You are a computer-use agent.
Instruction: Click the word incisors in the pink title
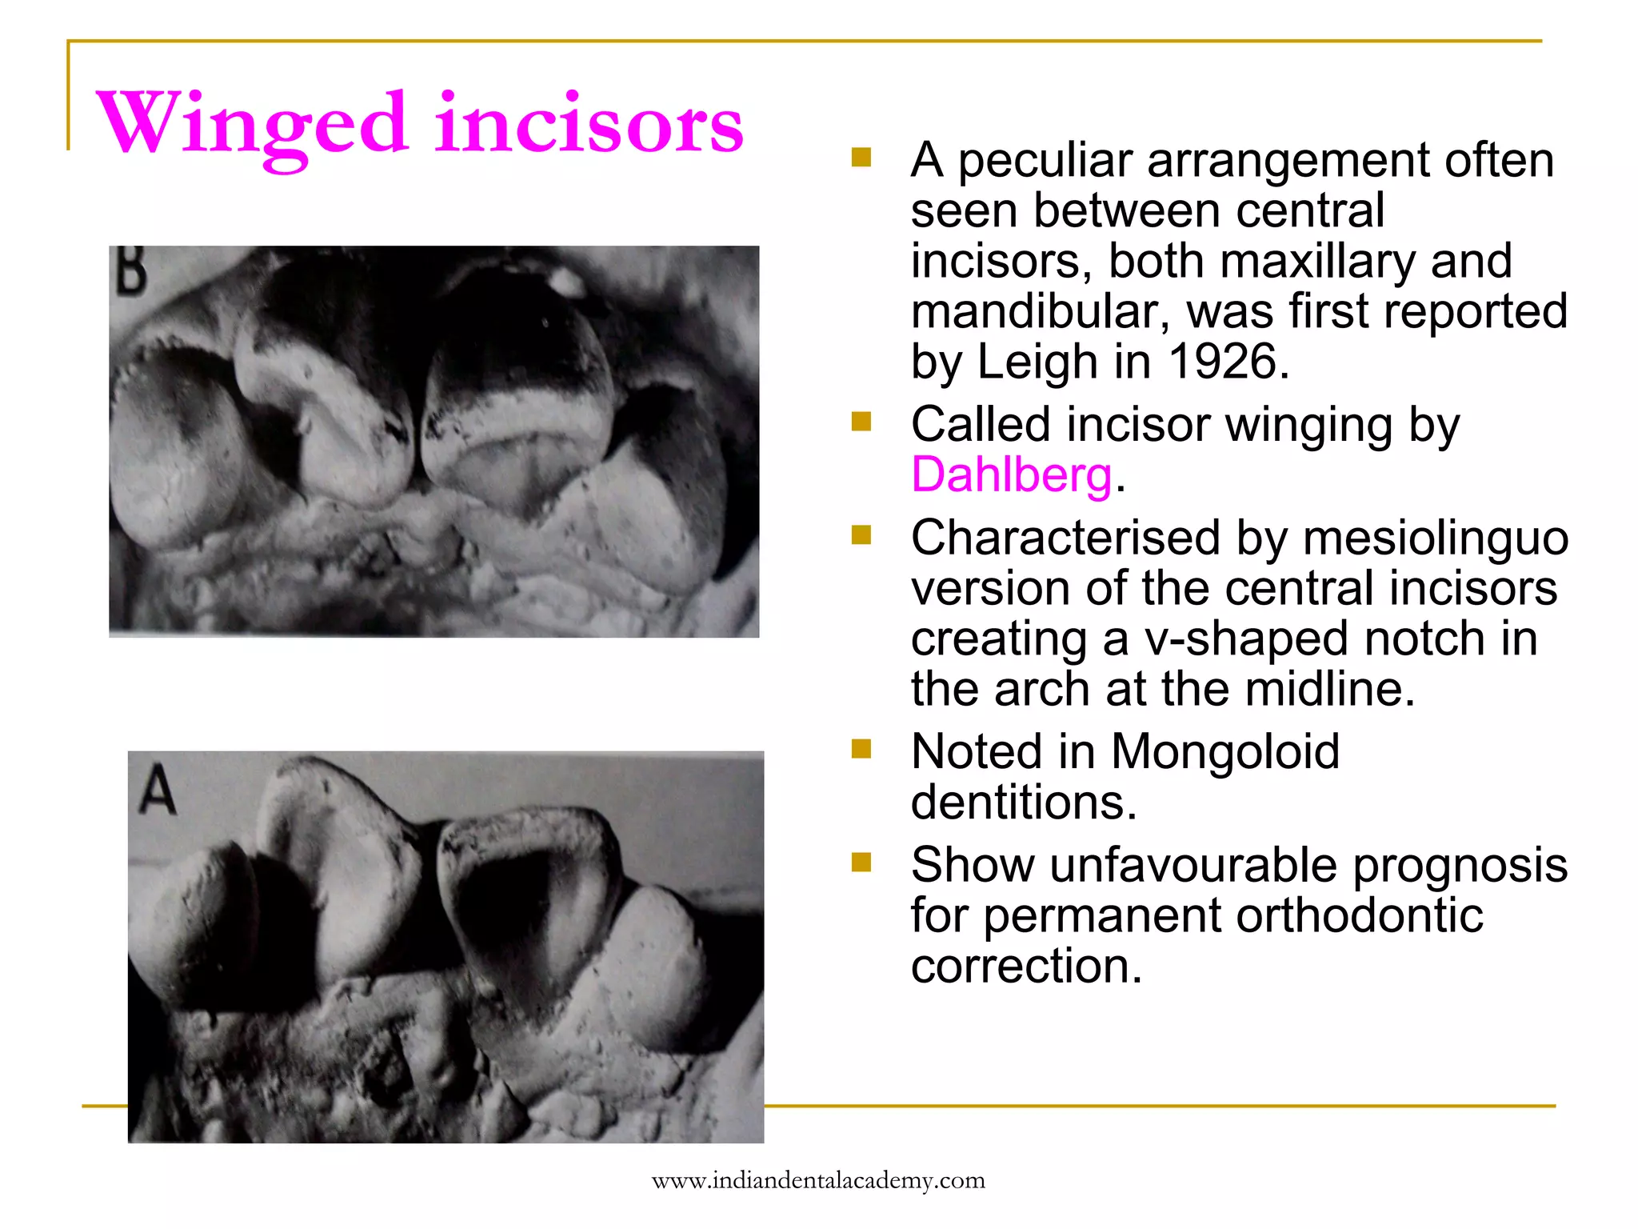589,124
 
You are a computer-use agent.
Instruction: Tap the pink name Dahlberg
1012,475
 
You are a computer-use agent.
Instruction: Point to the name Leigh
1037,362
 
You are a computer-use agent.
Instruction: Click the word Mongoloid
1225,752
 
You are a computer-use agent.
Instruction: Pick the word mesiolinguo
1435,538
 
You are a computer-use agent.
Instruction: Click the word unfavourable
1193,866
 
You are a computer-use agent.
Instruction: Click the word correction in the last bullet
1026,967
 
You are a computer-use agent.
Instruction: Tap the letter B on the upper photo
130,271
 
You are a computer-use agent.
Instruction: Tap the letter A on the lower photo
158,789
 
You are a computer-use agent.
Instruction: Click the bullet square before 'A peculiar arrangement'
861,157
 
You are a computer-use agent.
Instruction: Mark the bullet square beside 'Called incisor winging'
861,422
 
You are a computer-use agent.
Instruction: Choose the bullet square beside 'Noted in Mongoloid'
861,749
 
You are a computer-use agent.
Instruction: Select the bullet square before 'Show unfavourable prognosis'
861,863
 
